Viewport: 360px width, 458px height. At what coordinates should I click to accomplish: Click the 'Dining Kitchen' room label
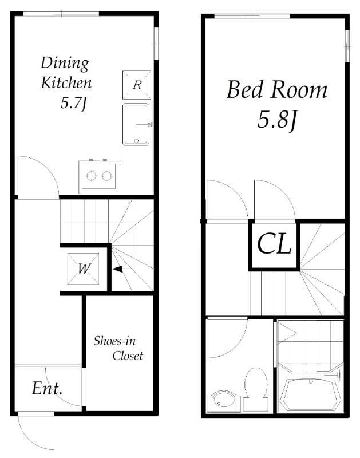66,73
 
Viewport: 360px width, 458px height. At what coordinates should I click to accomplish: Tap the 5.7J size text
74,103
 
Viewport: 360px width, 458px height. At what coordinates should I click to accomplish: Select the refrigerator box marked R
137,85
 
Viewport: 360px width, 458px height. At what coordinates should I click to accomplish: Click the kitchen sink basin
136,124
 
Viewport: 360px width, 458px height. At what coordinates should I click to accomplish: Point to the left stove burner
92,176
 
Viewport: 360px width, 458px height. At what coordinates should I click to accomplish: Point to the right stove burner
106,176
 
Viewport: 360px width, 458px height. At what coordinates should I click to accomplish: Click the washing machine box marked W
83,269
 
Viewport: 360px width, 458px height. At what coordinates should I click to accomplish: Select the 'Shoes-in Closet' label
118,348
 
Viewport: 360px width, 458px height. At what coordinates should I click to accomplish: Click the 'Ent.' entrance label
47,389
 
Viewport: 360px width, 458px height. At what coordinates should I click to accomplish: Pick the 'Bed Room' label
277,90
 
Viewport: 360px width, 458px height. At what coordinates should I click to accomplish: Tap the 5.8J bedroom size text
277,120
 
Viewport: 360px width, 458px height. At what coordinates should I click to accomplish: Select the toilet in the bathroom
256,390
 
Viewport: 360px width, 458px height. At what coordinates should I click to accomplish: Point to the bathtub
310,395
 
